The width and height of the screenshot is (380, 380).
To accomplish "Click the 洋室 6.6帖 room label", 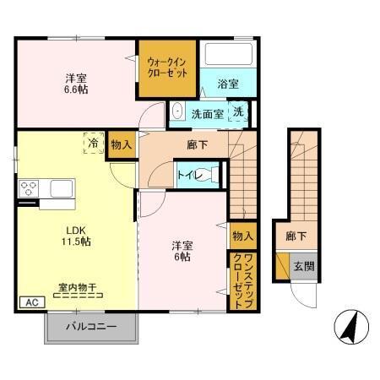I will [76, 85].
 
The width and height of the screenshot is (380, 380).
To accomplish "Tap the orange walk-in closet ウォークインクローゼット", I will [168, 68].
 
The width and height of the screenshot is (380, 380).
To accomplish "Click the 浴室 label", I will [226, 84].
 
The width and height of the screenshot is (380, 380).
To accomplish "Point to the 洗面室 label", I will [206, 113].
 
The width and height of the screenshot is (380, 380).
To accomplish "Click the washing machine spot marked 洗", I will [239, 112].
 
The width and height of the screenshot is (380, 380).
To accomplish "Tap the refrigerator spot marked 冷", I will [92, 144].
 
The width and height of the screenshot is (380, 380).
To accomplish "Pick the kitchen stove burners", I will [28, 187].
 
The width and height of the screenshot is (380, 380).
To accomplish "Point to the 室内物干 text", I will [76, 288].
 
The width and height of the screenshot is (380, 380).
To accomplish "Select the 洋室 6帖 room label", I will [181, 251].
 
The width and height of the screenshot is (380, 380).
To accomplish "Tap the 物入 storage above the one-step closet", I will [242, 235].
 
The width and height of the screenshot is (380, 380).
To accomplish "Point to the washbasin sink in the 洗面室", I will [178, 112].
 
